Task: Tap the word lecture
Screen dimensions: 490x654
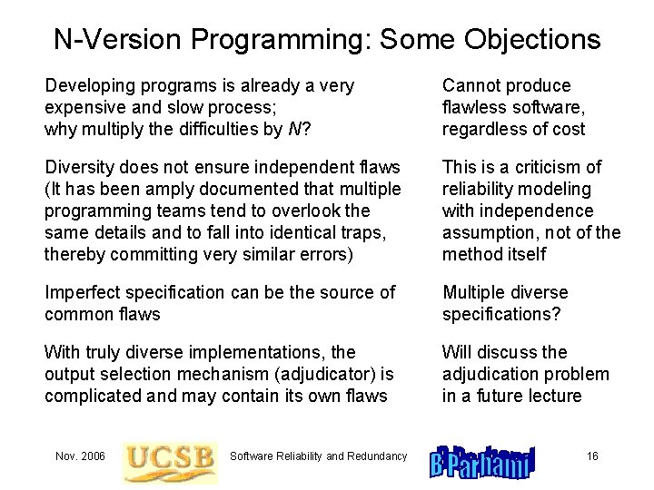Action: (x=551, y=396)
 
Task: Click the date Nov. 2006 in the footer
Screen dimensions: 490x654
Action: (x=80, y=456)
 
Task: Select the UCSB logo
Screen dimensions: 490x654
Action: (x=170, y=456)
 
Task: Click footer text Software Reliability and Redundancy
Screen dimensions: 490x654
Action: (x=319, y=456)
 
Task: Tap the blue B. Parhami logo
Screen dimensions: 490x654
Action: (x=482, y=459)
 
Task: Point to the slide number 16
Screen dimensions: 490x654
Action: (x=592, y=456)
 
